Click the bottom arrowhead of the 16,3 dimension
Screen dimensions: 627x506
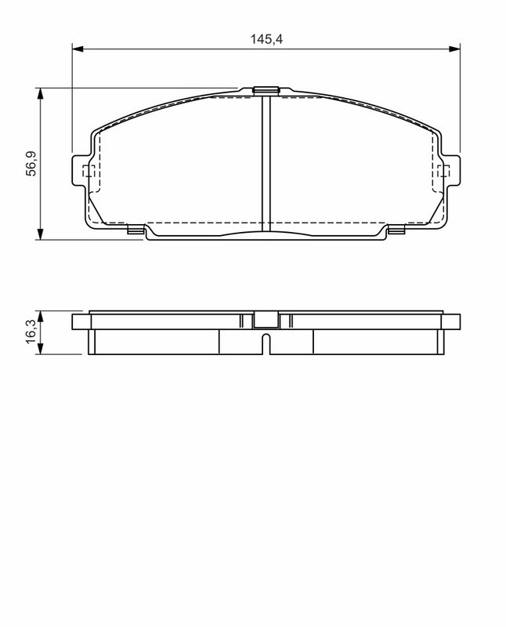pos(40,350)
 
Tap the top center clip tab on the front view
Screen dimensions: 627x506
pos(266,90)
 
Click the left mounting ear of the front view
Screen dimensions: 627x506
pos(81,171)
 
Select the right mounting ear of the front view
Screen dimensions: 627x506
pos(450,171)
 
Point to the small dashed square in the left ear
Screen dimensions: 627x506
pos(88,171)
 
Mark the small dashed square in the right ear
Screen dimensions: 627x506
pos(443,171)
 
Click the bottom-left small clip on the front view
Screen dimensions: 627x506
pos(135,230)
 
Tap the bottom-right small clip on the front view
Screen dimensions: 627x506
pos(396,230)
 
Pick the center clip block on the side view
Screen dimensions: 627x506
pos(266,320)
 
